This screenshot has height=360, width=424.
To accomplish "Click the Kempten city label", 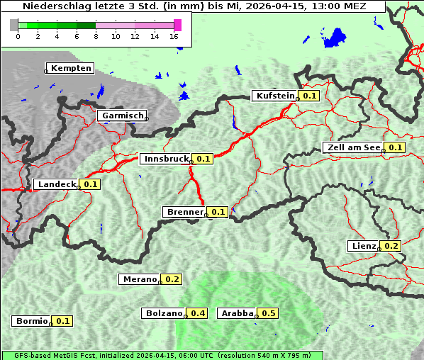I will click(x=71, y=68).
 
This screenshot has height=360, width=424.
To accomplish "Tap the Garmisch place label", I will click(x=123, y=116).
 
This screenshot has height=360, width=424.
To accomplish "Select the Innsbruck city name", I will click(x=166, y=159).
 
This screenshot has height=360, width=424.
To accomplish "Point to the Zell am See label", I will click(x=352, y=147).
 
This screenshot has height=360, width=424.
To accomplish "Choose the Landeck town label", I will click(x=56, y=184).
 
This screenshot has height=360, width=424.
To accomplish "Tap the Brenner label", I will click(x=184, y=212).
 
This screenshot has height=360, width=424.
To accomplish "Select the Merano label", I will click(x=139, y=279).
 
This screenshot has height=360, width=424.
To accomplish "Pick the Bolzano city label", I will click(x=164, y=313).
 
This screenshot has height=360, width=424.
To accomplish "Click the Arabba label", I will click(x=238, y=313).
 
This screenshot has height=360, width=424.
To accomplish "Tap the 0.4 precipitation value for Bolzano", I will click(x=198, y=313).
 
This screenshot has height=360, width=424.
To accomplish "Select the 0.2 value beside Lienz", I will click(x=392, y=246).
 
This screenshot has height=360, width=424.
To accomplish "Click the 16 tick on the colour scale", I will click(x=174, y=36).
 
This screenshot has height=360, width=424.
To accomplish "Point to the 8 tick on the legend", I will click(x=96, y=36).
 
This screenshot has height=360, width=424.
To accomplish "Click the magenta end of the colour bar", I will click(x=177, y=26).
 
